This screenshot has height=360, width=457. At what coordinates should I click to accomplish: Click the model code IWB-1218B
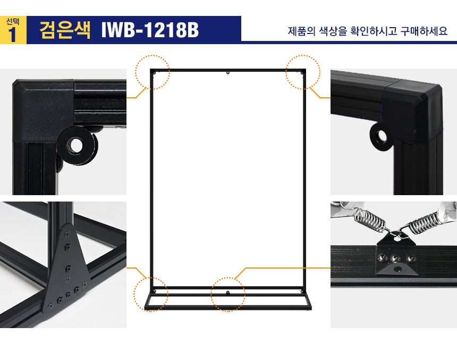tap(150, 30)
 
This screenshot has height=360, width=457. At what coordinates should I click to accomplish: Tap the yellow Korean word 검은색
tap(65, 30)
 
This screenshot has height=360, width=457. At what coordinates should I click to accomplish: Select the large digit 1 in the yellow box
tap(12, 35)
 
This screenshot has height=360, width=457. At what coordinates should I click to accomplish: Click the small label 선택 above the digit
tap(13, 21)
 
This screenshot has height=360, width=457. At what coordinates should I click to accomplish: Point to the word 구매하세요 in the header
tap(424, 31)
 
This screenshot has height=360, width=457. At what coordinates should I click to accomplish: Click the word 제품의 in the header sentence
tap(302, 31)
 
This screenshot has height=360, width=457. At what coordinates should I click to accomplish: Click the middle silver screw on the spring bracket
tap(395, 258)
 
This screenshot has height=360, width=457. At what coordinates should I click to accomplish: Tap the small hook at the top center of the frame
tap(228, 72)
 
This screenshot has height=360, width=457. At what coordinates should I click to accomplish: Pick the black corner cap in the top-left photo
tap(44, 111)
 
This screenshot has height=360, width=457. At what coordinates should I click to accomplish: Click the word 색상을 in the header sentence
tap(333, 31)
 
